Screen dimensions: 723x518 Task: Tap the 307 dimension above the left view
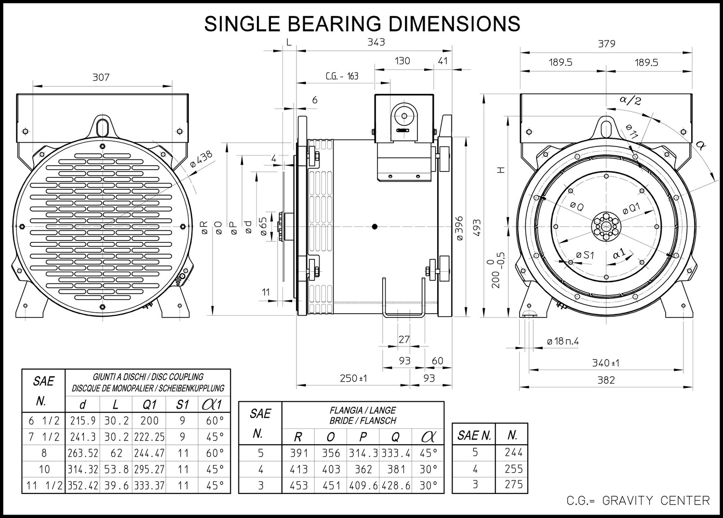(101, 78)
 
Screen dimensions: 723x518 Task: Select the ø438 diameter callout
(201, 159)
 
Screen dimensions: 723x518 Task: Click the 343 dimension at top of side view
(376, 42)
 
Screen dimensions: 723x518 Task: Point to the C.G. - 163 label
(342, 76)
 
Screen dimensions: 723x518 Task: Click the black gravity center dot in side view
(375, 226)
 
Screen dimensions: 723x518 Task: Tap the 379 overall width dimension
(607, 43)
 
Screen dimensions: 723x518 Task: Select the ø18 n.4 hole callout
(563, 341)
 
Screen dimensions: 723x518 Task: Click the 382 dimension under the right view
(606, 380)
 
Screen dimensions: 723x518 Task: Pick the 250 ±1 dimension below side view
(353, 378)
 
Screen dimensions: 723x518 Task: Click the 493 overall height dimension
(477, 227)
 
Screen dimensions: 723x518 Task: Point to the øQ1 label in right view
(631, 209)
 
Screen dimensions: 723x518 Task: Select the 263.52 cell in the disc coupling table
(83, 453)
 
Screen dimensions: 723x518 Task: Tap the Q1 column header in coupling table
(149, 405)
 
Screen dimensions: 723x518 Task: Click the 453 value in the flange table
(298, 485)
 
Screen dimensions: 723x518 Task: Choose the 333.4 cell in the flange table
(396, 453)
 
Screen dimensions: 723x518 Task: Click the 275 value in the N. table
(513, 484)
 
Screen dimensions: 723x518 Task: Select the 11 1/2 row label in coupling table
(44, 485)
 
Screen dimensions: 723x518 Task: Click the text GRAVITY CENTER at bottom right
(656, 501)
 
